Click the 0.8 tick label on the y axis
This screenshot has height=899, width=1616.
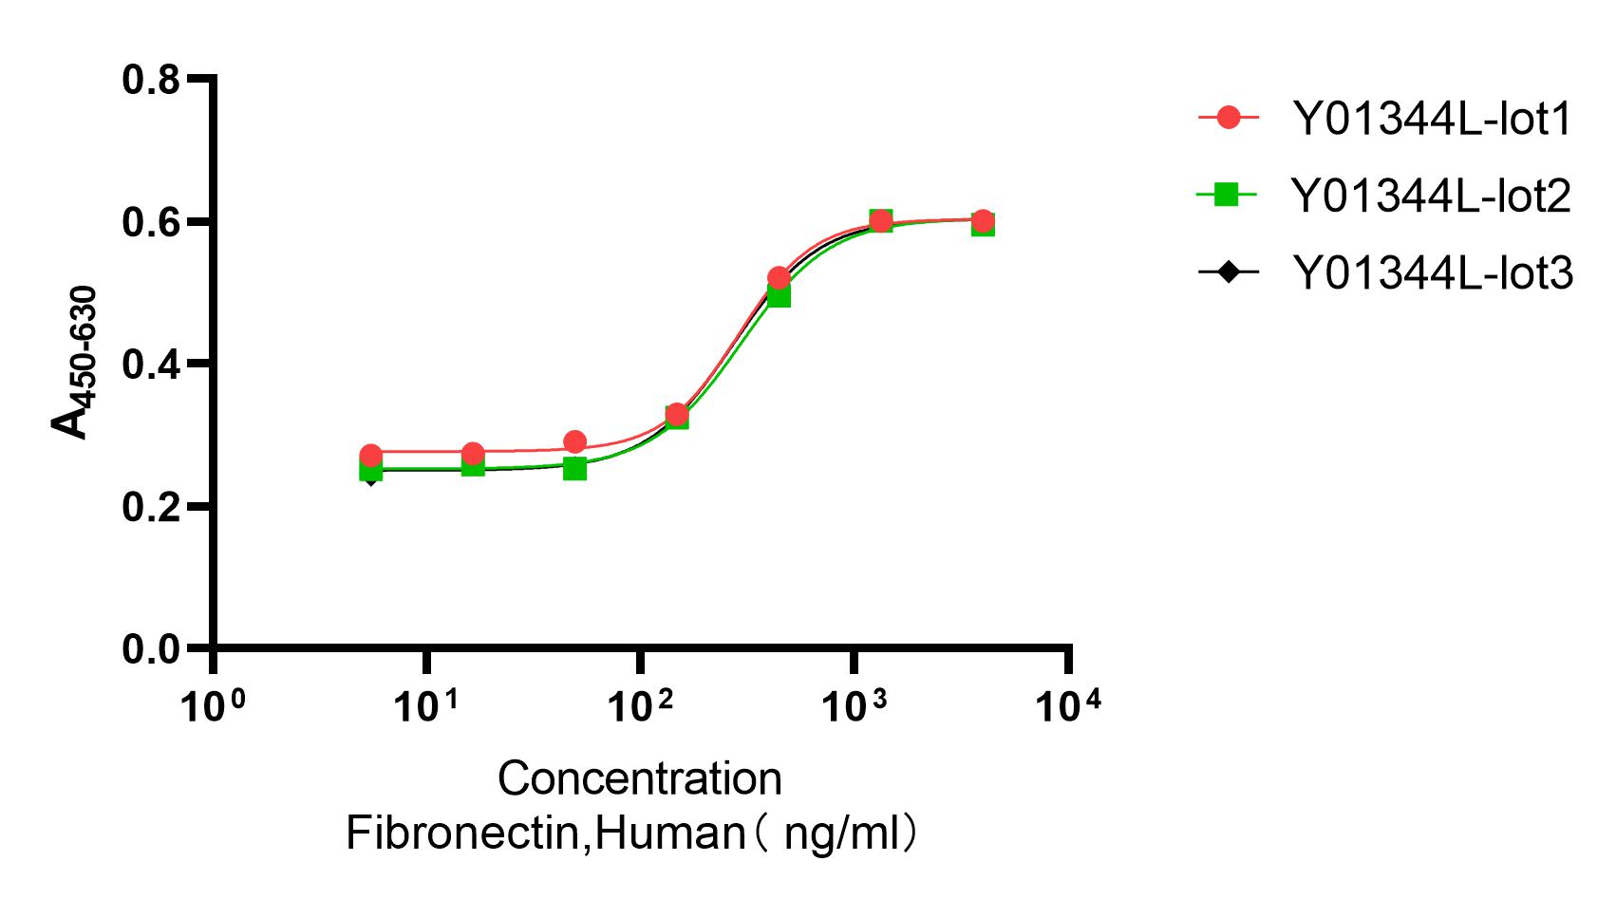click(151, 80)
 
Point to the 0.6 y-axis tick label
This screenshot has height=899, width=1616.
click(151, 222)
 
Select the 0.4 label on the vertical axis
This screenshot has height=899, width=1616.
click(151, 365)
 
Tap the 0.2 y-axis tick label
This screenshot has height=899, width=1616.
click(151, 507)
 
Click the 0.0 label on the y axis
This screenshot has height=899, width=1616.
click(151, 649)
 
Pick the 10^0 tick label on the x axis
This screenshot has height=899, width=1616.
click(213, 705)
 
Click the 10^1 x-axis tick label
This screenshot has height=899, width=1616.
click(426, 705)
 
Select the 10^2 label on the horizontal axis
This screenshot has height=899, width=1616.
click(640, 705)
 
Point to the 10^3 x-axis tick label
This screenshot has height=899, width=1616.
click(855, 705)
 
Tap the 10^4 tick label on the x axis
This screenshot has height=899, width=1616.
click(1068, 705)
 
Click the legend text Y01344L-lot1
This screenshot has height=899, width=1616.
click(1433, 119)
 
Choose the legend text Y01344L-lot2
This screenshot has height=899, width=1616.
click(1433, 196)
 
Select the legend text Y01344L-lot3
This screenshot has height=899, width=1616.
click(1433, 273)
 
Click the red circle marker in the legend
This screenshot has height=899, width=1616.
click(1229, 118)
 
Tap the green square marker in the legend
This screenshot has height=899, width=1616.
click(1229, 196)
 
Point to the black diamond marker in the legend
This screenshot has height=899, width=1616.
click(1229, 273)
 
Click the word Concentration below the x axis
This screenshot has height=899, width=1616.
click(639, 779)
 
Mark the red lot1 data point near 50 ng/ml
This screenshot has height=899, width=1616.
click(574, 441)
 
